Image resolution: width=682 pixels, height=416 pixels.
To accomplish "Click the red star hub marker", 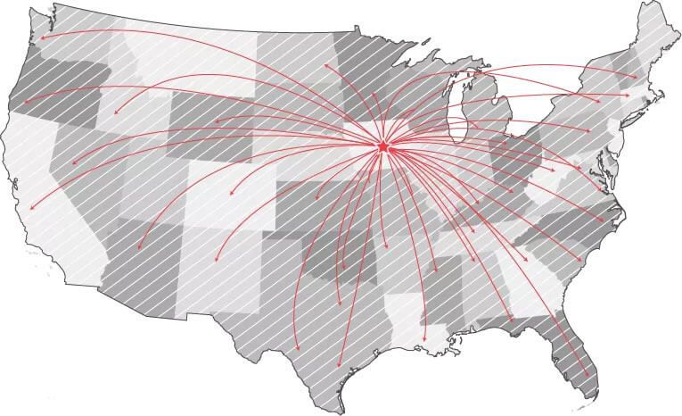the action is click(383, 146).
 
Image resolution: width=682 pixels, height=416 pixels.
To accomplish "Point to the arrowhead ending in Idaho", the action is click(114, 114).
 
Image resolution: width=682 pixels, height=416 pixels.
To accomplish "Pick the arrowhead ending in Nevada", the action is click(73, 163).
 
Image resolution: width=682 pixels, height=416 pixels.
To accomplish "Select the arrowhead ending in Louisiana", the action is click(425, 343).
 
